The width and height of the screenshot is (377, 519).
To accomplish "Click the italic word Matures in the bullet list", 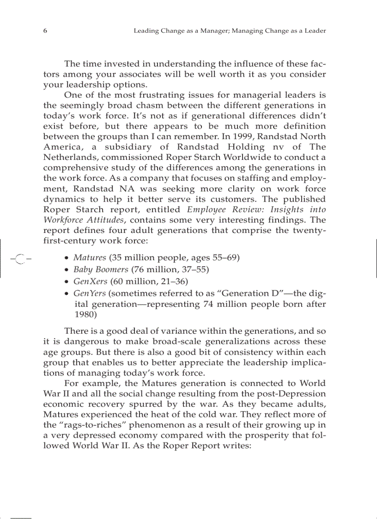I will click(90, 257).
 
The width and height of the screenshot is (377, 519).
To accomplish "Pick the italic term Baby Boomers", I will click(101, 269).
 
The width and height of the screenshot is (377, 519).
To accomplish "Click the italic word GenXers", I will click(91, 281).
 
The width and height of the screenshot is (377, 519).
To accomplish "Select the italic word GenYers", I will click(90, 293).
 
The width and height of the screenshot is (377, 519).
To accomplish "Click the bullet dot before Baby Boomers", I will click(67, 270).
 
